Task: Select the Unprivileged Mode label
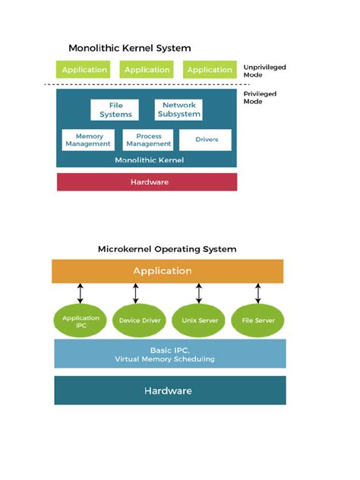[264, 72]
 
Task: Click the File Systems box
[115, 110]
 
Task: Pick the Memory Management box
[88, 140]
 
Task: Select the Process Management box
[148, 140]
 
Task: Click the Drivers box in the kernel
[207, 140]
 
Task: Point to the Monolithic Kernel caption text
[147, 160]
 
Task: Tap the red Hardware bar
[147, 182]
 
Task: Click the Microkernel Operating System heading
[167, 249]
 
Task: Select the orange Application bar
[167, 271]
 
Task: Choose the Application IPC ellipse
[81, 321]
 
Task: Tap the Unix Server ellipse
[198, 321]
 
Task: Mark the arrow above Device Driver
[136, 293]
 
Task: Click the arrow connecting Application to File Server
[258, 293]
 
